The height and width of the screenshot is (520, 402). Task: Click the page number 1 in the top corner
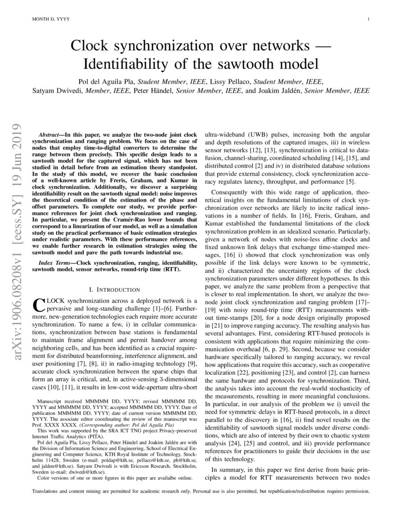(368, 19)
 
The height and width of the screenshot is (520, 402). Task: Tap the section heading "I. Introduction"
(114, 289)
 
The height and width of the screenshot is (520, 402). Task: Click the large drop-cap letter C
(39, 303)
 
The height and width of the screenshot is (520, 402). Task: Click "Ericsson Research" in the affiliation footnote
(148, 466)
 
